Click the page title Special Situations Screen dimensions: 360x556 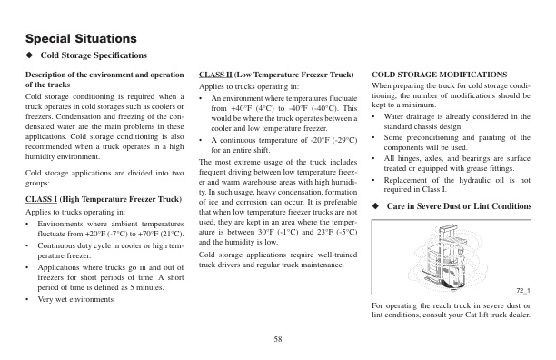pyautogui.click(x=81, y=40)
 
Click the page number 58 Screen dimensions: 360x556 pyautogui.click(x=277, y=339)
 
